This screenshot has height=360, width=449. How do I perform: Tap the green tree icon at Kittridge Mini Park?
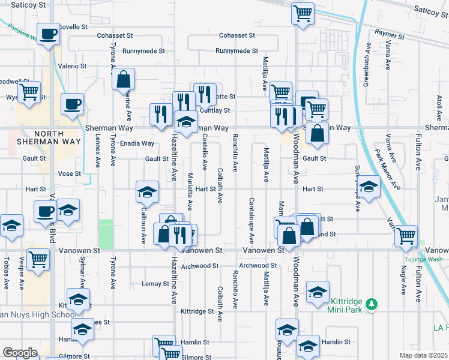pos(372,304)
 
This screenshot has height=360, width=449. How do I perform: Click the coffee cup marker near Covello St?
pos(48,33)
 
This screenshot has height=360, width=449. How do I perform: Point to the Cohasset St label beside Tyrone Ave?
pos(116,35)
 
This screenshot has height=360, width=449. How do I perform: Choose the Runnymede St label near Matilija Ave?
pos(237,51)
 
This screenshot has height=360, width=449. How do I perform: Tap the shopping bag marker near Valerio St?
pos(123,79)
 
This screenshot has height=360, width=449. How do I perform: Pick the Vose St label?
pos(69,173)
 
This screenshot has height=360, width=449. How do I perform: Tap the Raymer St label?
pos(390,36)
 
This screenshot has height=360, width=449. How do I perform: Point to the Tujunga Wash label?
pos(421,259)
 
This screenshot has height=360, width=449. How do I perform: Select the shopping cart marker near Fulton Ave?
pos(406,235)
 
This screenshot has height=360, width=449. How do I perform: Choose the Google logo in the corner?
pos(20,353)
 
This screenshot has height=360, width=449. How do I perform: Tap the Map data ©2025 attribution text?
pos(424,355)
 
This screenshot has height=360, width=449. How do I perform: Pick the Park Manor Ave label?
pos(387,169)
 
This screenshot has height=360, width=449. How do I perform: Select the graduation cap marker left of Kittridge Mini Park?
pos(318,292)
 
